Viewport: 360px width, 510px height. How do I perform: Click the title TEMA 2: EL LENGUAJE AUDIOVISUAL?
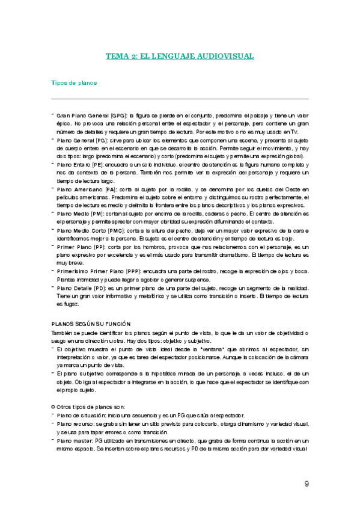180,56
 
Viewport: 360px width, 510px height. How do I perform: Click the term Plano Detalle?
75,289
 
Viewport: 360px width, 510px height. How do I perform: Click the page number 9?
307,484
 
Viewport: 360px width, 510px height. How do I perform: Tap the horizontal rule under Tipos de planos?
180,99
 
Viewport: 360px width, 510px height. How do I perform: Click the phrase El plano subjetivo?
79,373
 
